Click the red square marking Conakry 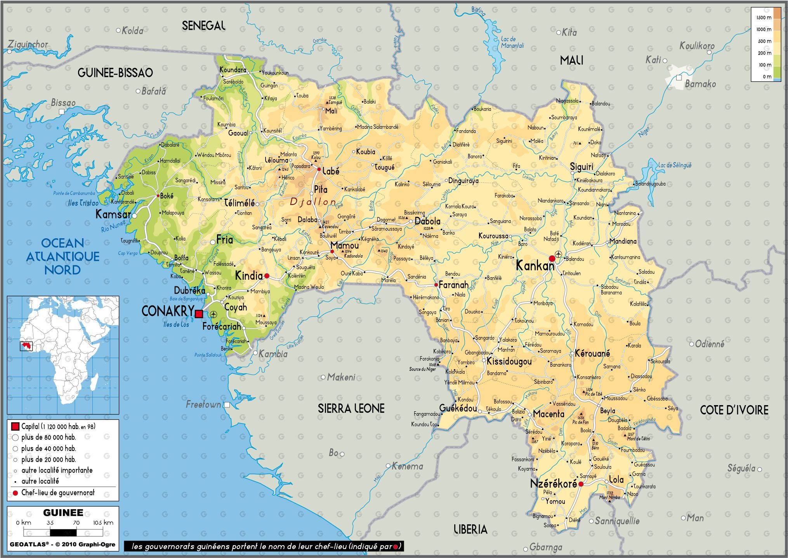point(199,314)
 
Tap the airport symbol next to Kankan point(559,254)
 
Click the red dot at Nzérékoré point(581,484)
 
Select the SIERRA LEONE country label point(351,408)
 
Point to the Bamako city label point(700,84)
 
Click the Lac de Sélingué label point(675,165)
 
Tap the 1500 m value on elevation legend point(764,17)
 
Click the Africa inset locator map point(63,355)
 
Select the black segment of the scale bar point(63,532)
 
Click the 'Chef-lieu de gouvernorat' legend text point(58,493)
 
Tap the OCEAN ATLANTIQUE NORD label point(62,256)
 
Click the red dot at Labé point(319,169)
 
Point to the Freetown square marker point(227,405)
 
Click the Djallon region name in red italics point(313,202)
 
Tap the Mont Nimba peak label point(610,497)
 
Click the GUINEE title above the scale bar point(63,513)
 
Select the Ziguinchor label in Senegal point(28,44)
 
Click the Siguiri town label point(581,167)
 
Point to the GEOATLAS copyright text point(62,544)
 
